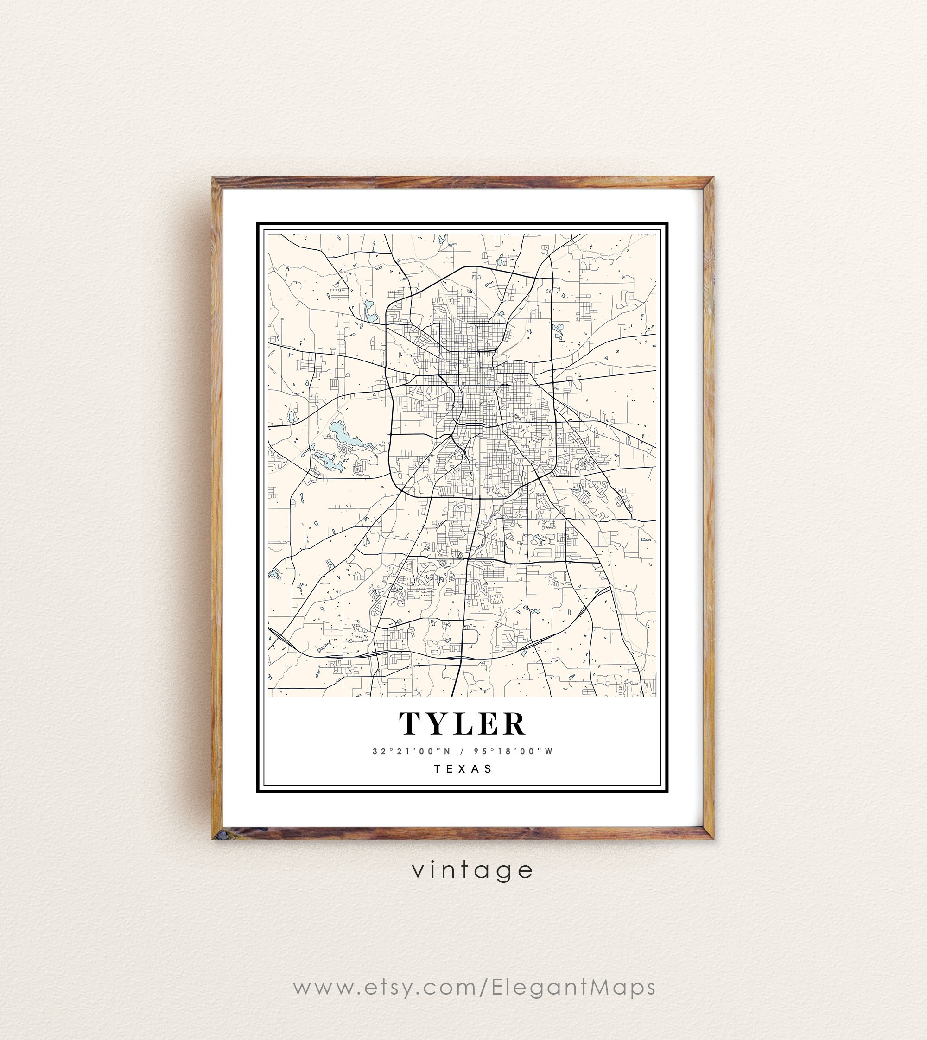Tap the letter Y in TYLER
438,724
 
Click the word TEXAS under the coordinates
463,768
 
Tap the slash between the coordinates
462,751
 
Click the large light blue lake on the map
340,433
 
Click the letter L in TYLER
464,724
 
